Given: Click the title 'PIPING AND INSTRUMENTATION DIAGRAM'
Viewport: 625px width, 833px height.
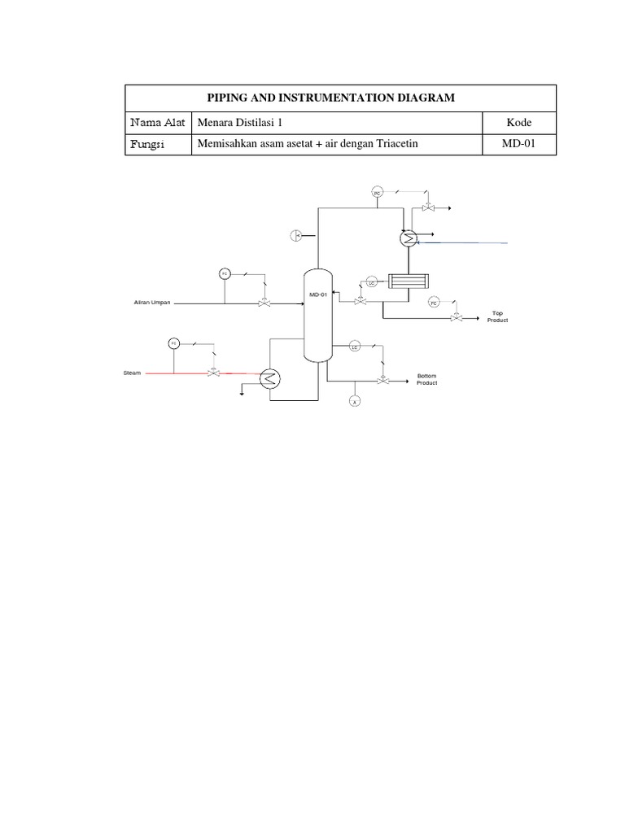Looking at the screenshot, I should pos(340,98).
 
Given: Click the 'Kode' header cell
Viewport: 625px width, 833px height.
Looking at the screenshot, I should pos(518,122).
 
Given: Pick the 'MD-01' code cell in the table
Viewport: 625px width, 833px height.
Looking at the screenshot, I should pos(518,145).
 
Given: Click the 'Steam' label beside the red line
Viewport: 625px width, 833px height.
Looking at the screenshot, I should pos(132,373).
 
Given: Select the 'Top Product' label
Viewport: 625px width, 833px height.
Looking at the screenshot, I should pos(497,316).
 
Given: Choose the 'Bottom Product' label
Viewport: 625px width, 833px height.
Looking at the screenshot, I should pos(426,379).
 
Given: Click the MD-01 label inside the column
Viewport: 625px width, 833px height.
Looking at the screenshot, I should pos(317,294).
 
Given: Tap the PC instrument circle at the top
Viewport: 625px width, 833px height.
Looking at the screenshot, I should pos(377,193).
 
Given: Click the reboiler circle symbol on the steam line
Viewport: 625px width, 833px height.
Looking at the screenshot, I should pos(269,377).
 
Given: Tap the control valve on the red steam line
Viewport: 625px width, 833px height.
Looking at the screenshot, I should pos(213,373).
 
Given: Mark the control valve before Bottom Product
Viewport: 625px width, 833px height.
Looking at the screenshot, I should pos(382,380).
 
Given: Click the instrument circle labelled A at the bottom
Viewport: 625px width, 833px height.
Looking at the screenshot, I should pos(355,401).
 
